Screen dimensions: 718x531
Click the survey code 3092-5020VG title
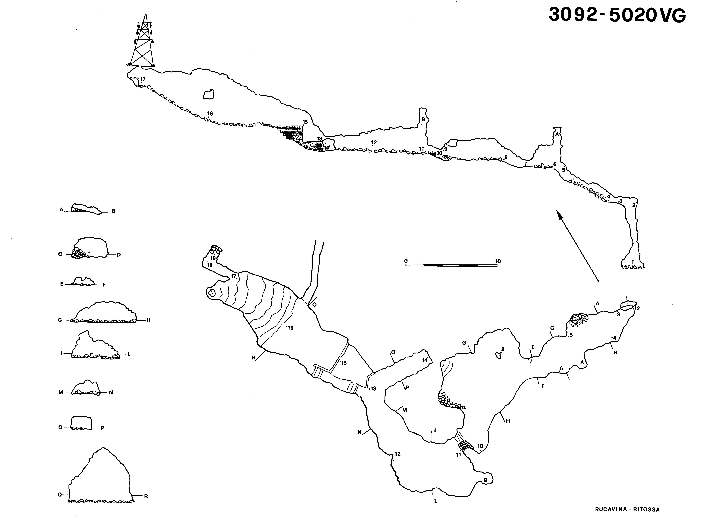pos(617,15)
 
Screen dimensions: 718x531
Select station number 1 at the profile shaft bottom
pos(632,262)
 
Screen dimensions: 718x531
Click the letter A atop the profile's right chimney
pos(557,134)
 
